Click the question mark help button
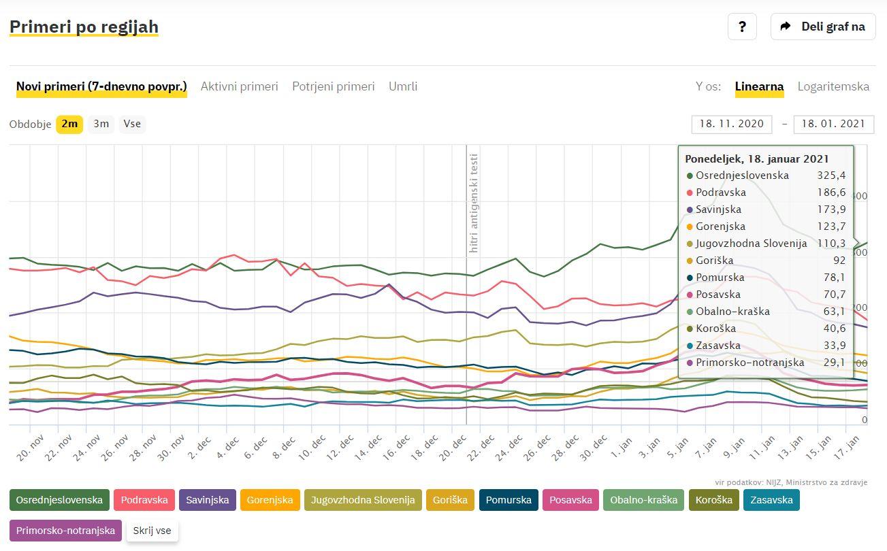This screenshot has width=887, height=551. [x=742, y=27]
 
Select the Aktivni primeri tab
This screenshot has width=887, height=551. [x=239, y=86]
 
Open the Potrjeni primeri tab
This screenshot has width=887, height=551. [x=333, y=86]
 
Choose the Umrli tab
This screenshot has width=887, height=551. [x=403, y=86]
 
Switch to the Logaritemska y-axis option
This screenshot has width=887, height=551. [x=833, y=86]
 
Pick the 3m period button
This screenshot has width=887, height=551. [x=101, y=124]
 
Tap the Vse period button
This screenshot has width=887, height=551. [x=132, y=124]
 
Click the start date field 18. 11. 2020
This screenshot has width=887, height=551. [x=731, y=124]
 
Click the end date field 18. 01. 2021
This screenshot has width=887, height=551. [x=833, y=124]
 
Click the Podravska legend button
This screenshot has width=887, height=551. [x=144, y=500]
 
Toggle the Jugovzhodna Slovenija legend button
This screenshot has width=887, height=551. [x=363, y=500]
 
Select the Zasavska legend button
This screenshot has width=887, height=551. [x=771, y=500]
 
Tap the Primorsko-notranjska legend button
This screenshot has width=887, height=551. [x=65, y=531]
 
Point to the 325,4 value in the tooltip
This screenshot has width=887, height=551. [x=831, y=176]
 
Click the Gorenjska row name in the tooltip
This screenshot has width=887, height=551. [x=720, y=227]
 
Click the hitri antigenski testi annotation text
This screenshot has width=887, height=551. [x=474, y=203]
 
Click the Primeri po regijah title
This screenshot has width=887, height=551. [x=84, y=27]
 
